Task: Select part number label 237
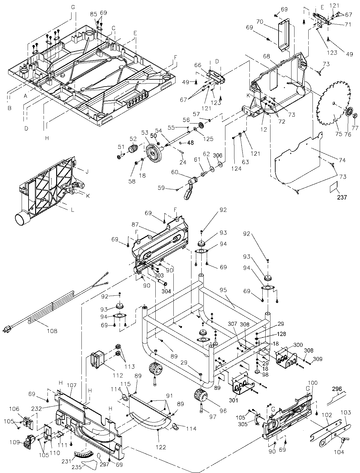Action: click(x=342, y=197)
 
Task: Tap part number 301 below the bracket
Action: click(x=235, y=400)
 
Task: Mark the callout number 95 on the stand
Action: click(x=231, y=291)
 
